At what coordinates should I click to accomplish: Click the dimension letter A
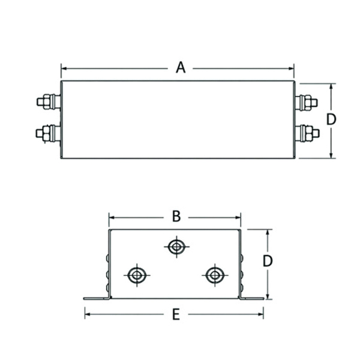[181, 68]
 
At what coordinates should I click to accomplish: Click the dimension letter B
[176, 216]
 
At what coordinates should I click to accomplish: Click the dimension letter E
[176, 314]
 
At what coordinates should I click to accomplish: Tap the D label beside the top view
[331, 119]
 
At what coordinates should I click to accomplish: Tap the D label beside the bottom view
[268, 261]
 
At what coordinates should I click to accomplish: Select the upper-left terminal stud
[49, 101]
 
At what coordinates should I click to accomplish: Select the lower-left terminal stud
[48, 134]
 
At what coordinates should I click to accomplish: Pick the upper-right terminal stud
[306, 103]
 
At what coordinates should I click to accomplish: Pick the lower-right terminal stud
[307, 133]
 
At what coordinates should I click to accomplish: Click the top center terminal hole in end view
[176, 247]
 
